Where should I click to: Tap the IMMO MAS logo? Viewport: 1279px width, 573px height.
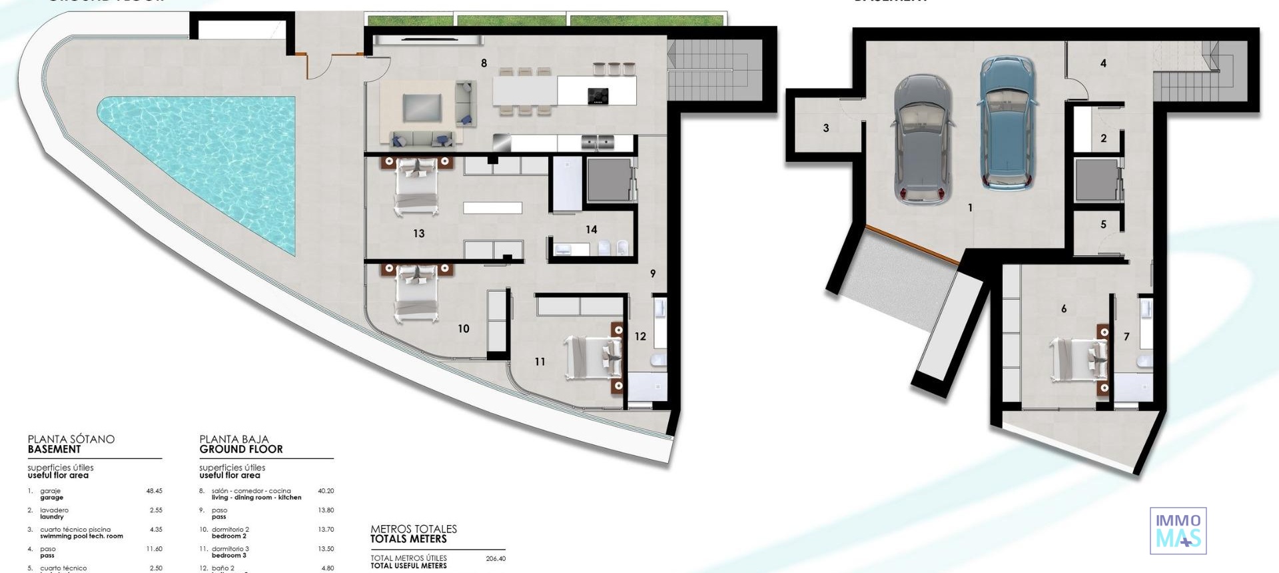coord(1178,530)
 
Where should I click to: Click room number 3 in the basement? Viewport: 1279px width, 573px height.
coord(826,128)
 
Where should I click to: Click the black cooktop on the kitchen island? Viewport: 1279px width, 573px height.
coord(598,96)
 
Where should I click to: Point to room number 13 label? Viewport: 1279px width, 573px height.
coord(418,233)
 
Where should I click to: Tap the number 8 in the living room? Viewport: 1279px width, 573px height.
coord(484,63)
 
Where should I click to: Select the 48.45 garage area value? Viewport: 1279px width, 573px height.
coord(154,491)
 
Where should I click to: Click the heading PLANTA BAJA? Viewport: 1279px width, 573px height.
coord(234,439)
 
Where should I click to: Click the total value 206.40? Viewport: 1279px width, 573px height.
coord(495,559)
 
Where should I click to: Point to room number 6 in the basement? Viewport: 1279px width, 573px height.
coord(1063,308)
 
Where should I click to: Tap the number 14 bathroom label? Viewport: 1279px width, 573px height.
coord(591,230)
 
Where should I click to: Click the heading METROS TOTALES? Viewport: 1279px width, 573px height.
coord(414,529)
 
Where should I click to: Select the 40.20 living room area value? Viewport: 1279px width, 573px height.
coord(326,491)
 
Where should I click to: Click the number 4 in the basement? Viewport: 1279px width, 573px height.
coord(1103,63)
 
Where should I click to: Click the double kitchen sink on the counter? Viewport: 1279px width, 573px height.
coord(597,141)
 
